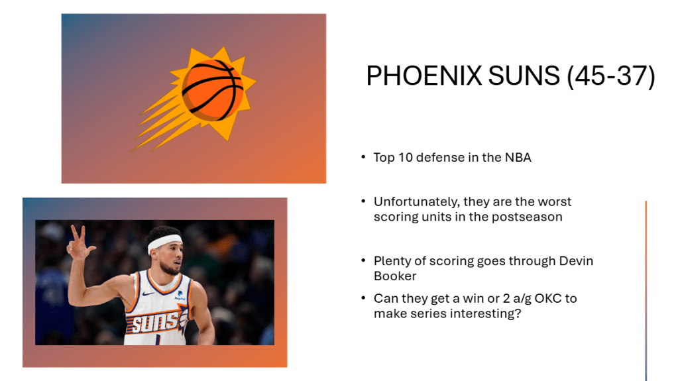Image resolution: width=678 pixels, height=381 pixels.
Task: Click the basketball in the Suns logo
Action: (212, 90)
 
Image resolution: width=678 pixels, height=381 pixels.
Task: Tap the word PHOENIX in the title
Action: (424, 76)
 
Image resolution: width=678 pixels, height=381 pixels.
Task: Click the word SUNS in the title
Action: (524, 76)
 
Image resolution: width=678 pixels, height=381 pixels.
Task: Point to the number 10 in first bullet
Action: (405, 158)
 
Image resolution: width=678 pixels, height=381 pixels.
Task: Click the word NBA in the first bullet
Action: (518, 158)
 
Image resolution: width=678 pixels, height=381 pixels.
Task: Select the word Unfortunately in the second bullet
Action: (417, 202)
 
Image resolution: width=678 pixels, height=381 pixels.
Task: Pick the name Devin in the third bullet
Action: (576, 261)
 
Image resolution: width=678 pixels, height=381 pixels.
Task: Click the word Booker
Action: (395, 276)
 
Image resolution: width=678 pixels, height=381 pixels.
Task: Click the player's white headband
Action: (165, 243)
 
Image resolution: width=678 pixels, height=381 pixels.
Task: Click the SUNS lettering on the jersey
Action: (155, 322)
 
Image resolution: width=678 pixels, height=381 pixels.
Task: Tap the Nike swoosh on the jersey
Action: (148, 294)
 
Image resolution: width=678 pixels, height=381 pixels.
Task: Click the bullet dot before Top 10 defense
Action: (364, 157)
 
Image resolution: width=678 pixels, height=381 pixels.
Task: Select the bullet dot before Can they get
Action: (364, 298)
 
